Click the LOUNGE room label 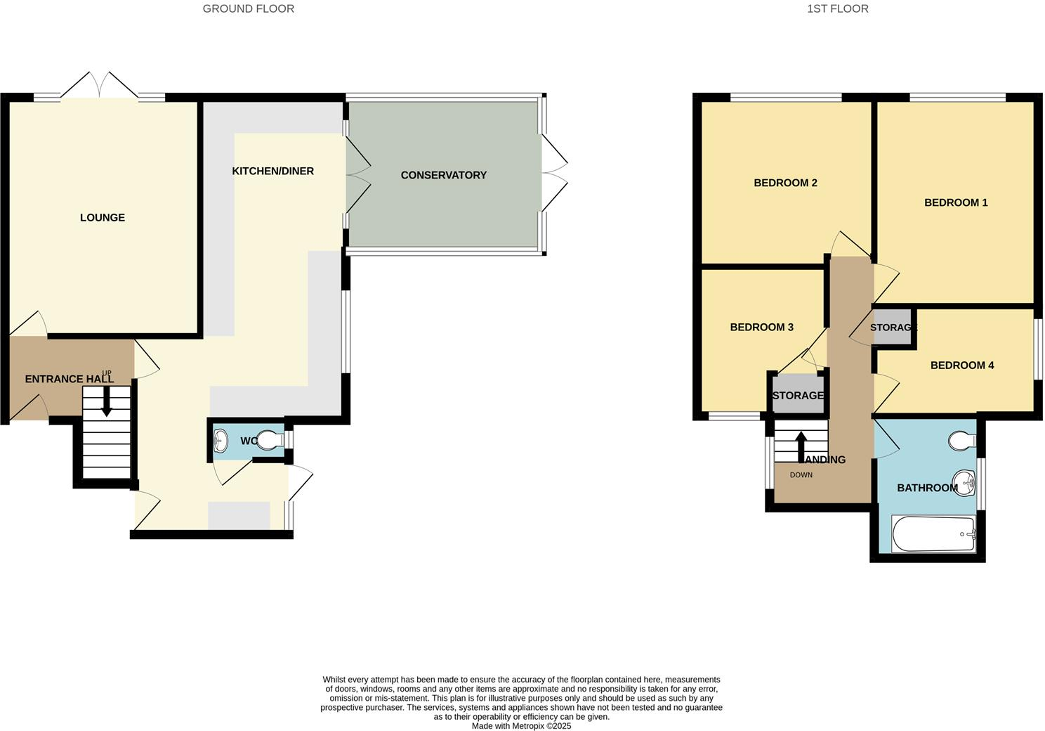click(x=103, y=218)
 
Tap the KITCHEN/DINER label click(x=273, y=172)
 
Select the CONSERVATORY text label click(x=443, y=175)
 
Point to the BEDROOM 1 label click(x=956, y=203)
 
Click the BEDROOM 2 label click(x=785, y=183)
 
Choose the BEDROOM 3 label click(x=761, y=328)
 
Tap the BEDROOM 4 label click(x=961, y=365)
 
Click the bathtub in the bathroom click(x=933, y=535)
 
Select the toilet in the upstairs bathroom click(x=961, y=441)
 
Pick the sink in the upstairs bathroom click(x=966, y=482)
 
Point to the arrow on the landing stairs click(x=800, y=444)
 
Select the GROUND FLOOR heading click(x=248, y=9)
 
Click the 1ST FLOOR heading click(x=837, y=9)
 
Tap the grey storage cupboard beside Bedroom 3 click(x=797, y=396)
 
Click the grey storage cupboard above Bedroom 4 click(x=892, y=328)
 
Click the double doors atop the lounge click(x=99, y=86)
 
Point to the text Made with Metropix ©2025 click(x=521, y=726)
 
